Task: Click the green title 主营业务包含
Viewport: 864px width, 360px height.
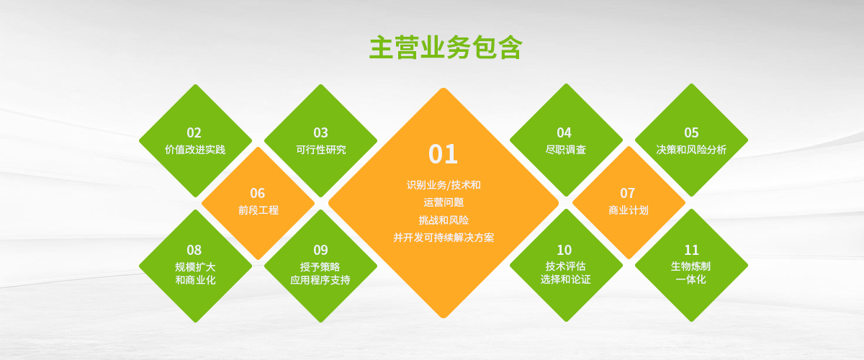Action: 446,48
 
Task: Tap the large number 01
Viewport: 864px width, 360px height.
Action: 444,154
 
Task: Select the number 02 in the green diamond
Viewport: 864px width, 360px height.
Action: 194,132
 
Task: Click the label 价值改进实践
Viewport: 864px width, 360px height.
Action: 195,149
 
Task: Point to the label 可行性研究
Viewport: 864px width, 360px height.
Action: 321,149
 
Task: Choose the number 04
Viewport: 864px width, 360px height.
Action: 564,132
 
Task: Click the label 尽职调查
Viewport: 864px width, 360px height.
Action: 566,149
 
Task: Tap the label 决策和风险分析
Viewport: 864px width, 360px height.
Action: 691,149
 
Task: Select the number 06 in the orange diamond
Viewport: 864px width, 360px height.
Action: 258,193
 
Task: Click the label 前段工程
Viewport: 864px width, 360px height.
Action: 258,210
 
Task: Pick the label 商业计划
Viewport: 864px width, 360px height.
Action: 629,210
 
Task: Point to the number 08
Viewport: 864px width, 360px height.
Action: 194,250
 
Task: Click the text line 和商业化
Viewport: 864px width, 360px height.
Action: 195,280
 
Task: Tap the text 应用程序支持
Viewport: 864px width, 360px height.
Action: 320,280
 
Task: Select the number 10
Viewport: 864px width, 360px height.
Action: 564,250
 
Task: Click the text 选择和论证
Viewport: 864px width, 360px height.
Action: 565,279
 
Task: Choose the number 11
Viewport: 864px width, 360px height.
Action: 691,250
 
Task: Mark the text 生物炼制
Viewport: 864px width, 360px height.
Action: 690,266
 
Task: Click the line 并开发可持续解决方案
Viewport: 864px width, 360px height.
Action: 444,238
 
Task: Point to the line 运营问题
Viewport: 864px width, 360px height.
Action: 444,202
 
